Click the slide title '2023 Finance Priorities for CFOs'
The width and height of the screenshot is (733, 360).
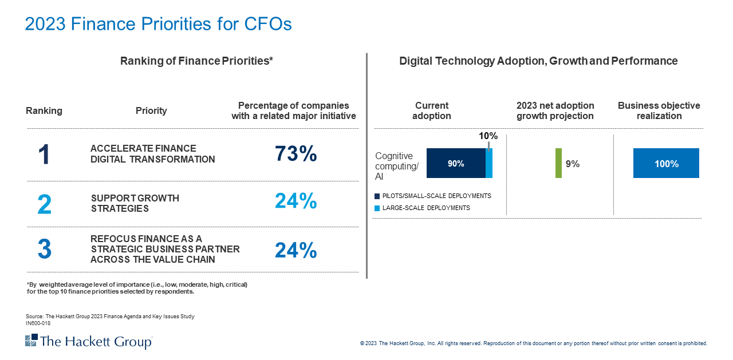point(159,24)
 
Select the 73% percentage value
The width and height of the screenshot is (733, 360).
point(295,154)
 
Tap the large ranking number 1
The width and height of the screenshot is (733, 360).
point(44,155)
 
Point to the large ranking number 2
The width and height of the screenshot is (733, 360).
point(44,204)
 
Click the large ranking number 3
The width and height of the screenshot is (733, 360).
point(44,250)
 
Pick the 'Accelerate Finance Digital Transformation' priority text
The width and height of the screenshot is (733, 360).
point(152,154)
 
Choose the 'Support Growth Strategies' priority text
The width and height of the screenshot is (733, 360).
point(135,203)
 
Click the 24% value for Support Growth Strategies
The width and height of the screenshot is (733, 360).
point(295,201)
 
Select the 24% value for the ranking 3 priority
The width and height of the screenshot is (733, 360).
point(295,251)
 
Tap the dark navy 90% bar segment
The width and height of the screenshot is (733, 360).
point(456,164)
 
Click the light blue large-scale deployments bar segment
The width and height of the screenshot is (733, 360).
point(489,164)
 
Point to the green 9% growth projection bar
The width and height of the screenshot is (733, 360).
point(558,164)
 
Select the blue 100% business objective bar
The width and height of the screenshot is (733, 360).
point(666,164)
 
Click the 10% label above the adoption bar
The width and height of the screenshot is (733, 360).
point(488,136)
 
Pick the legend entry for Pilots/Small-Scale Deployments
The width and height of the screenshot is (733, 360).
point(432,196)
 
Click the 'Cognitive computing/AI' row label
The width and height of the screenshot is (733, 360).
point(397,167)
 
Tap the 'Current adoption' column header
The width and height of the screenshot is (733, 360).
point(432,110)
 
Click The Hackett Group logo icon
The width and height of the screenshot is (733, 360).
point(31,341)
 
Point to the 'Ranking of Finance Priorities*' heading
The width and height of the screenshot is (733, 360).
point(196,61)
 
